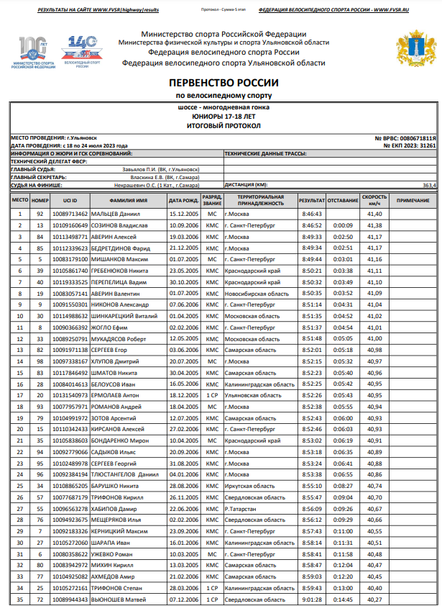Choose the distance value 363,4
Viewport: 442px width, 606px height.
coord(429,185)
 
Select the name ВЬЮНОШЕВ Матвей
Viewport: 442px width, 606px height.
coord(119,599)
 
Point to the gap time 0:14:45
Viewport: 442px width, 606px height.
coord(343,599)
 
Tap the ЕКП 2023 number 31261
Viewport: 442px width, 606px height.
coord(428,145)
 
